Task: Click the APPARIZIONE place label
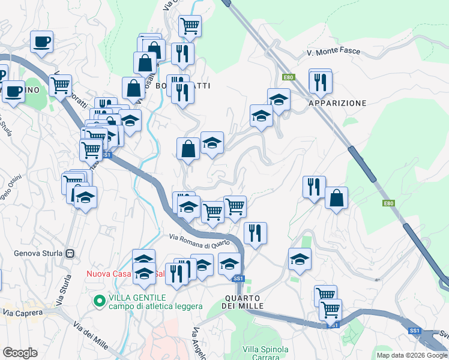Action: click(x=337, y=103)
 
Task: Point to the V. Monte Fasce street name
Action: click(x=333, y=52)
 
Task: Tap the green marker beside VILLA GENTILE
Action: click(x=100, y=299)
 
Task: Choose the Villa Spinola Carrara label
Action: click(x=265, y=353)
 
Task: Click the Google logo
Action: click(x=20, y=353)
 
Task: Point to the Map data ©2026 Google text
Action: click(x=412, y=355)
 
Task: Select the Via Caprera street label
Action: click(x=23, y=313)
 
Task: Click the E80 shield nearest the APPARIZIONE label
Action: click(x=289, y=77)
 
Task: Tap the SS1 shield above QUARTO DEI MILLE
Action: click(x=238, y=278)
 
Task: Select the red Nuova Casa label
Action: click(x=109, y=274)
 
